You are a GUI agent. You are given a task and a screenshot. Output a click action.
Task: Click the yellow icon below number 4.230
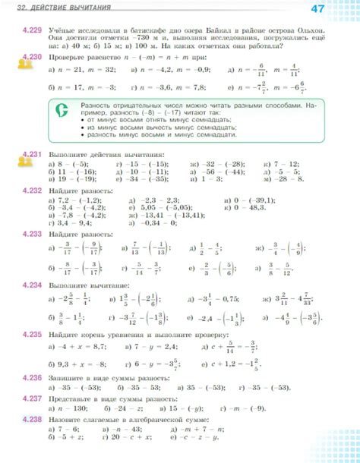pos(26,67)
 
